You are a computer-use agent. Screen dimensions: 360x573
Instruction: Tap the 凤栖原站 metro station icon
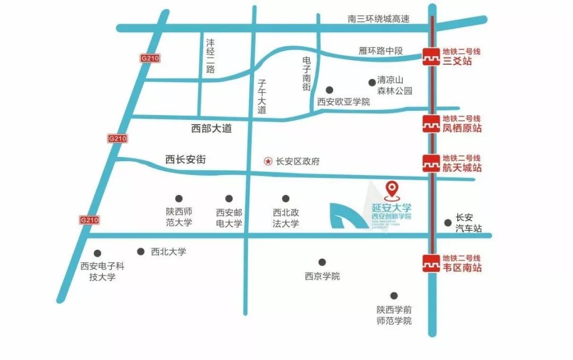[x=430, y=124]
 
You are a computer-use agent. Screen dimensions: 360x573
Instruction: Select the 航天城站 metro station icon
[x=430, y=163]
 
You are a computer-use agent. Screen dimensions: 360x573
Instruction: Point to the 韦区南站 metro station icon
[x=430, y=263]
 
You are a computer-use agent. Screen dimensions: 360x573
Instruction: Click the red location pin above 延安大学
[x=392, y=188]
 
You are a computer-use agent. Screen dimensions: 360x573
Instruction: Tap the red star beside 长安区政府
[x=268, y=162]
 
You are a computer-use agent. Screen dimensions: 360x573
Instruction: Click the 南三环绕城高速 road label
[x=379, y=19]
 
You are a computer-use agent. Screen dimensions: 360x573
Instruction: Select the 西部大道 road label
[x=211, y=128]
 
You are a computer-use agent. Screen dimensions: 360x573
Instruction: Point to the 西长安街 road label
[x=185, y=159]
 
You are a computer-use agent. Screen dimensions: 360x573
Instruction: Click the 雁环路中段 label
[x=381, y=51]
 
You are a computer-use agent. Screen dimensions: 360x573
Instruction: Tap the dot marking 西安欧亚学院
[x=329, y=90]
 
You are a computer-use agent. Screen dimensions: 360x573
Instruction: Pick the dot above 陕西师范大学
[x=179, y=199]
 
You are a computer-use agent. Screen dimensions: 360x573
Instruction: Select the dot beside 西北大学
[x=141, y=252]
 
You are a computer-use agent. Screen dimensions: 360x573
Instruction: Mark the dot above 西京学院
[x=322, y=262]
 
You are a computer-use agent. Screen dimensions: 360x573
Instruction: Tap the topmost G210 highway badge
[x=150, y=58]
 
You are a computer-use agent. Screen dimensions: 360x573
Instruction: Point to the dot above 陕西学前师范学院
[x=394, y=295]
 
